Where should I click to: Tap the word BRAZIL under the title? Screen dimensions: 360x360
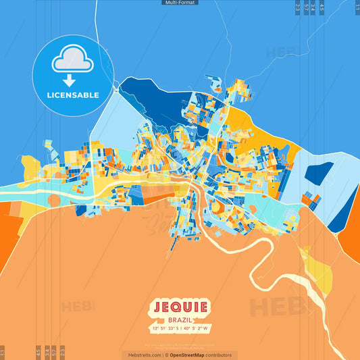pyautogui.click(x=180, y=319)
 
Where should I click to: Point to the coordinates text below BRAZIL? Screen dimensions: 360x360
pyautogui.click(x=180, y=328)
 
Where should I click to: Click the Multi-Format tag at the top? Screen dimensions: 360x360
pyautogui.click(x=180, y=3)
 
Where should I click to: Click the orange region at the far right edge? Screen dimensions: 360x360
pyautogui.click(x=353, y=223)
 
